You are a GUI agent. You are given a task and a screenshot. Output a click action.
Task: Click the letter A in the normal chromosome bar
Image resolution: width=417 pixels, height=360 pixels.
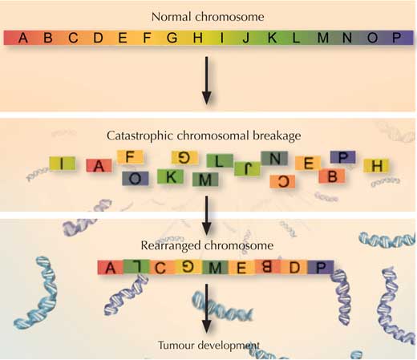click(x=23, y=38)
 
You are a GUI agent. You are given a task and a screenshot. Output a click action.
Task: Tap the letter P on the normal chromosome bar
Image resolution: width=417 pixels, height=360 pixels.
click(x=396, y=38)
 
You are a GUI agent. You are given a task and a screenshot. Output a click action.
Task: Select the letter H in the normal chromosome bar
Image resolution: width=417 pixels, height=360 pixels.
click(x=197, y=38)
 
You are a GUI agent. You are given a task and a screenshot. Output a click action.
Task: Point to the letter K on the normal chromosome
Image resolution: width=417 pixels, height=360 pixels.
click(x=272, y=38)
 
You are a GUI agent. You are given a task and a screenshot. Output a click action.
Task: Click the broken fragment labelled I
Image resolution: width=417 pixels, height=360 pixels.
click(x=62, y=164)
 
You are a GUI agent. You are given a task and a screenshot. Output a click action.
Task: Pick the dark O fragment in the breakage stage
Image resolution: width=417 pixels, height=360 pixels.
click(x=136, y=178)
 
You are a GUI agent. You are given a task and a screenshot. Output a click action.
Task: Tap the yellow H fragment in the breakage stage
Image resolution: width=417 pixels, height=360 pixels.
click(x=376, y=166)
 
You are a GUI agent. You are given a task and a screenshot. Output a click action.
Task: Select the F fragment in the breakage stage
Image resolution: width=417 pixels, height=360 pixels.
click(x=130, y=157)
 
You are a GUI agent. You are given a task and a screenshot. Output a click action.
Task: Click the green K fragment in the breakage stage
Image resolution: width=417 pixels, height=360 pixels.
click(x=170, y=176)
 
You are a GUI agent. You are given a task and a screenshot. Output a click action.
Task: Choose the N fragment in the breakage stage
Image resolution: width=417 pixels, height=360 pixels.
click(x=274, y=158)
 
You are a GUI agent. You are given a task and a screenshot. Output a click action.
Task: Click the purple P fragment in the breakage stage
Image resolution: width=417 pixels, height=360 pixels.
click(x=343, y=157)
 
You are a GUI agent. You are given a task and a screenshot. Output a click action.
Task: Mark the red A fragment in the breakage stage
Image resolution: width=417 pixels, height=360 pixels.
click(x=99, y=166)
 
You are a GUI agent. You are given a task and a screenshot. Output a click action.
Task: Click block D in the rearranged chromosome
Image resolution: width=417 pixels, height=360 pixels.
click(x=294, y=267)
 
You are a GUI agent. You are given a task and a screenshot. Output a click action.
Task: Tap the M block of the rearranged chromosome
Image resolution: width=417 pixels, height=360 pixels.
click(x=216, y=267)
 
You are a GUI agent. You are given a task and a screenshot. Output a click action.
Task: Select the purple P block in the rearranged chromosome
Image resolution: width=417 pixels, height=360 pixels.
click(x=321, y=267)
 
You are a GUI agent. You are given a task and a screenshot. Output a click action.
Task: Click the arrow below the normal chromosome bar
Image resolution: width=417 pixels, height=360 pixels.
click(x=206, y=80)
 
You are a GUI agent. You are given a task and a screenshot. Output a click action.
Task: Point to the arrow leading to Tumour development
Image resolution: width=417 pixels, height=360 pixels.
click(x=206, y=308)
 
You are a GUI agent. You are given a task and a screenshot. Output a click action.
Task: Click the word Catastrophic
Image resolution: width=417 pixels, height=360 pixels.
click(x=140, y=136)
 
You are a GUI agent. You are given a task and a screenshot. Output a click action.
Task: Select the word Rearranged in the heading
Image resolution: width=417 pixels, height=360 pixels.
click(x=171, y=246)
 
